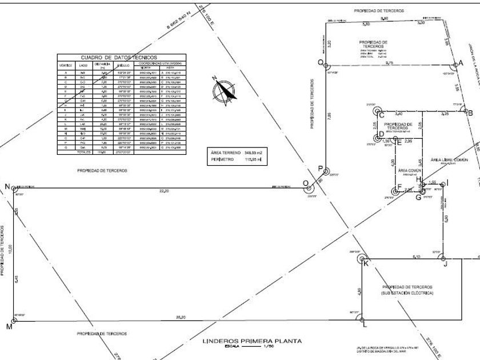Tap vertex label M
(9, 326)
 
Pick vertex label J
(445, 264)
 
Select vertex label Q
(321, 62)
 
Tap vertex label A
(461, 63)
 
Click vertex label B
(470, 113)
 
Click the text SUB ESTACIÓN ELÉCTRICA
(407, 293)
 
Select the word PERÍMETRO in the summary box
(223, 159)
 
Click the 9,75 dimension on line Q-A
(389, 63)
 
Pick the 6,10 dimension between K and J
(417, 257)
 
